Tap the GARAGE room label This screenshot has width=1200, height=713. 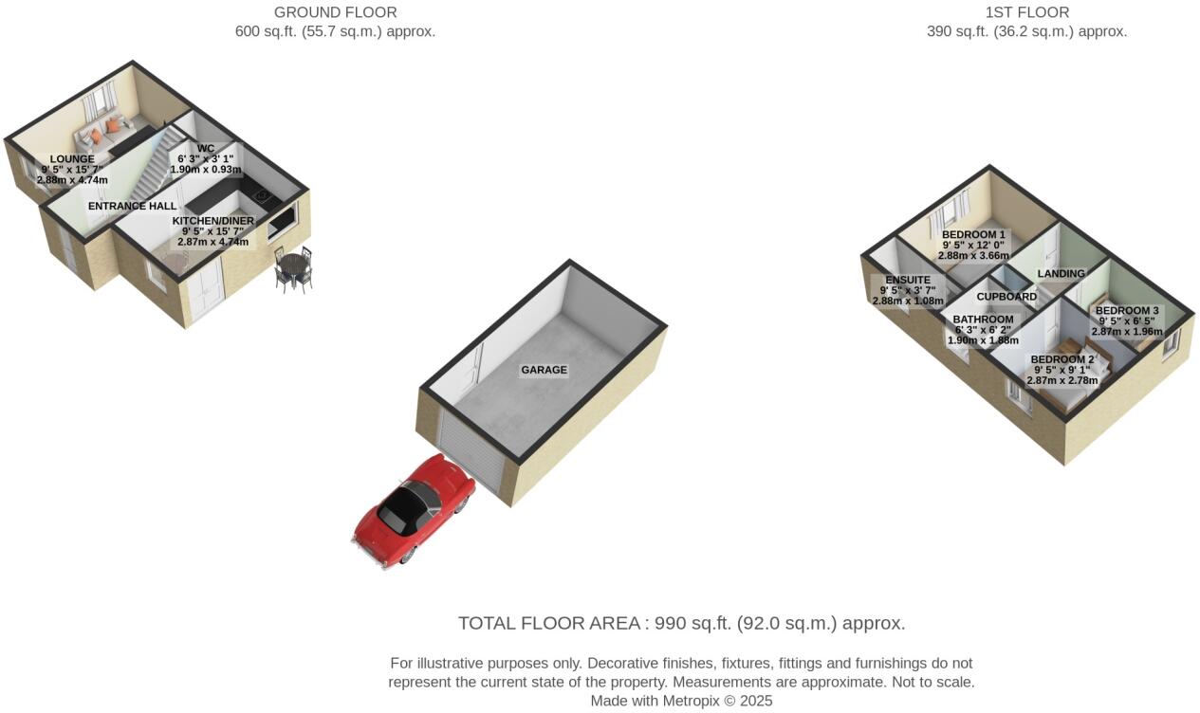point(544,370)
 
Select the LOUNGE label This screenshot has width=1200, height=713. point(72,159)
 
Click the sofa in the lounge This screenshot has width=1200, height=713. point(104,135)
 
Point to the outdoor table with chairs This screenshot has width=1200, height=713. point(293,269)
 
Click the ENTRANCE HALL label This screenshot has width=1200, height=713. point(132,206)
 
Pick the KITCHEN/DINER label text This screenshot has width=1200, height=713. point(213,221)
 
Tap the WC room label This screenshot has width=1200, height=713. point(206,148)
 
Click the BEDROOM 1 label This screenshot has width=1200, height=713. point(973,234)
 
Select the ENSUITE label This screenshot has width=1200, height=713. point(908,280)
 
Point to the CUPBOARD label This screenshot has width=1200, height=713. point(1006,297)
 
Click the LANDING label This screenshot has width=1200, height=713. point(1061,273)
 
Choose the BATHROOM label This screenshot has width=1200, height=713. point(983,320)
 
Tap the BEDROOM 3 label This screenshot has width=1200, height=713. point(1127,310)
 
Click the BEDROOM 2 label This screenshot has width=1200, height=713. point(1062,359)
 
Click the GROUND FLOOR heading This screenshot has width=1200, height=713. point(336,12)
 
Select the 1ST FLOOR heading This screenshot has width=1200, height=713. point(1027,12)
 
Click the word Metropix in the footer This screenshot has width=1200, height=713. point(692,702)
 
